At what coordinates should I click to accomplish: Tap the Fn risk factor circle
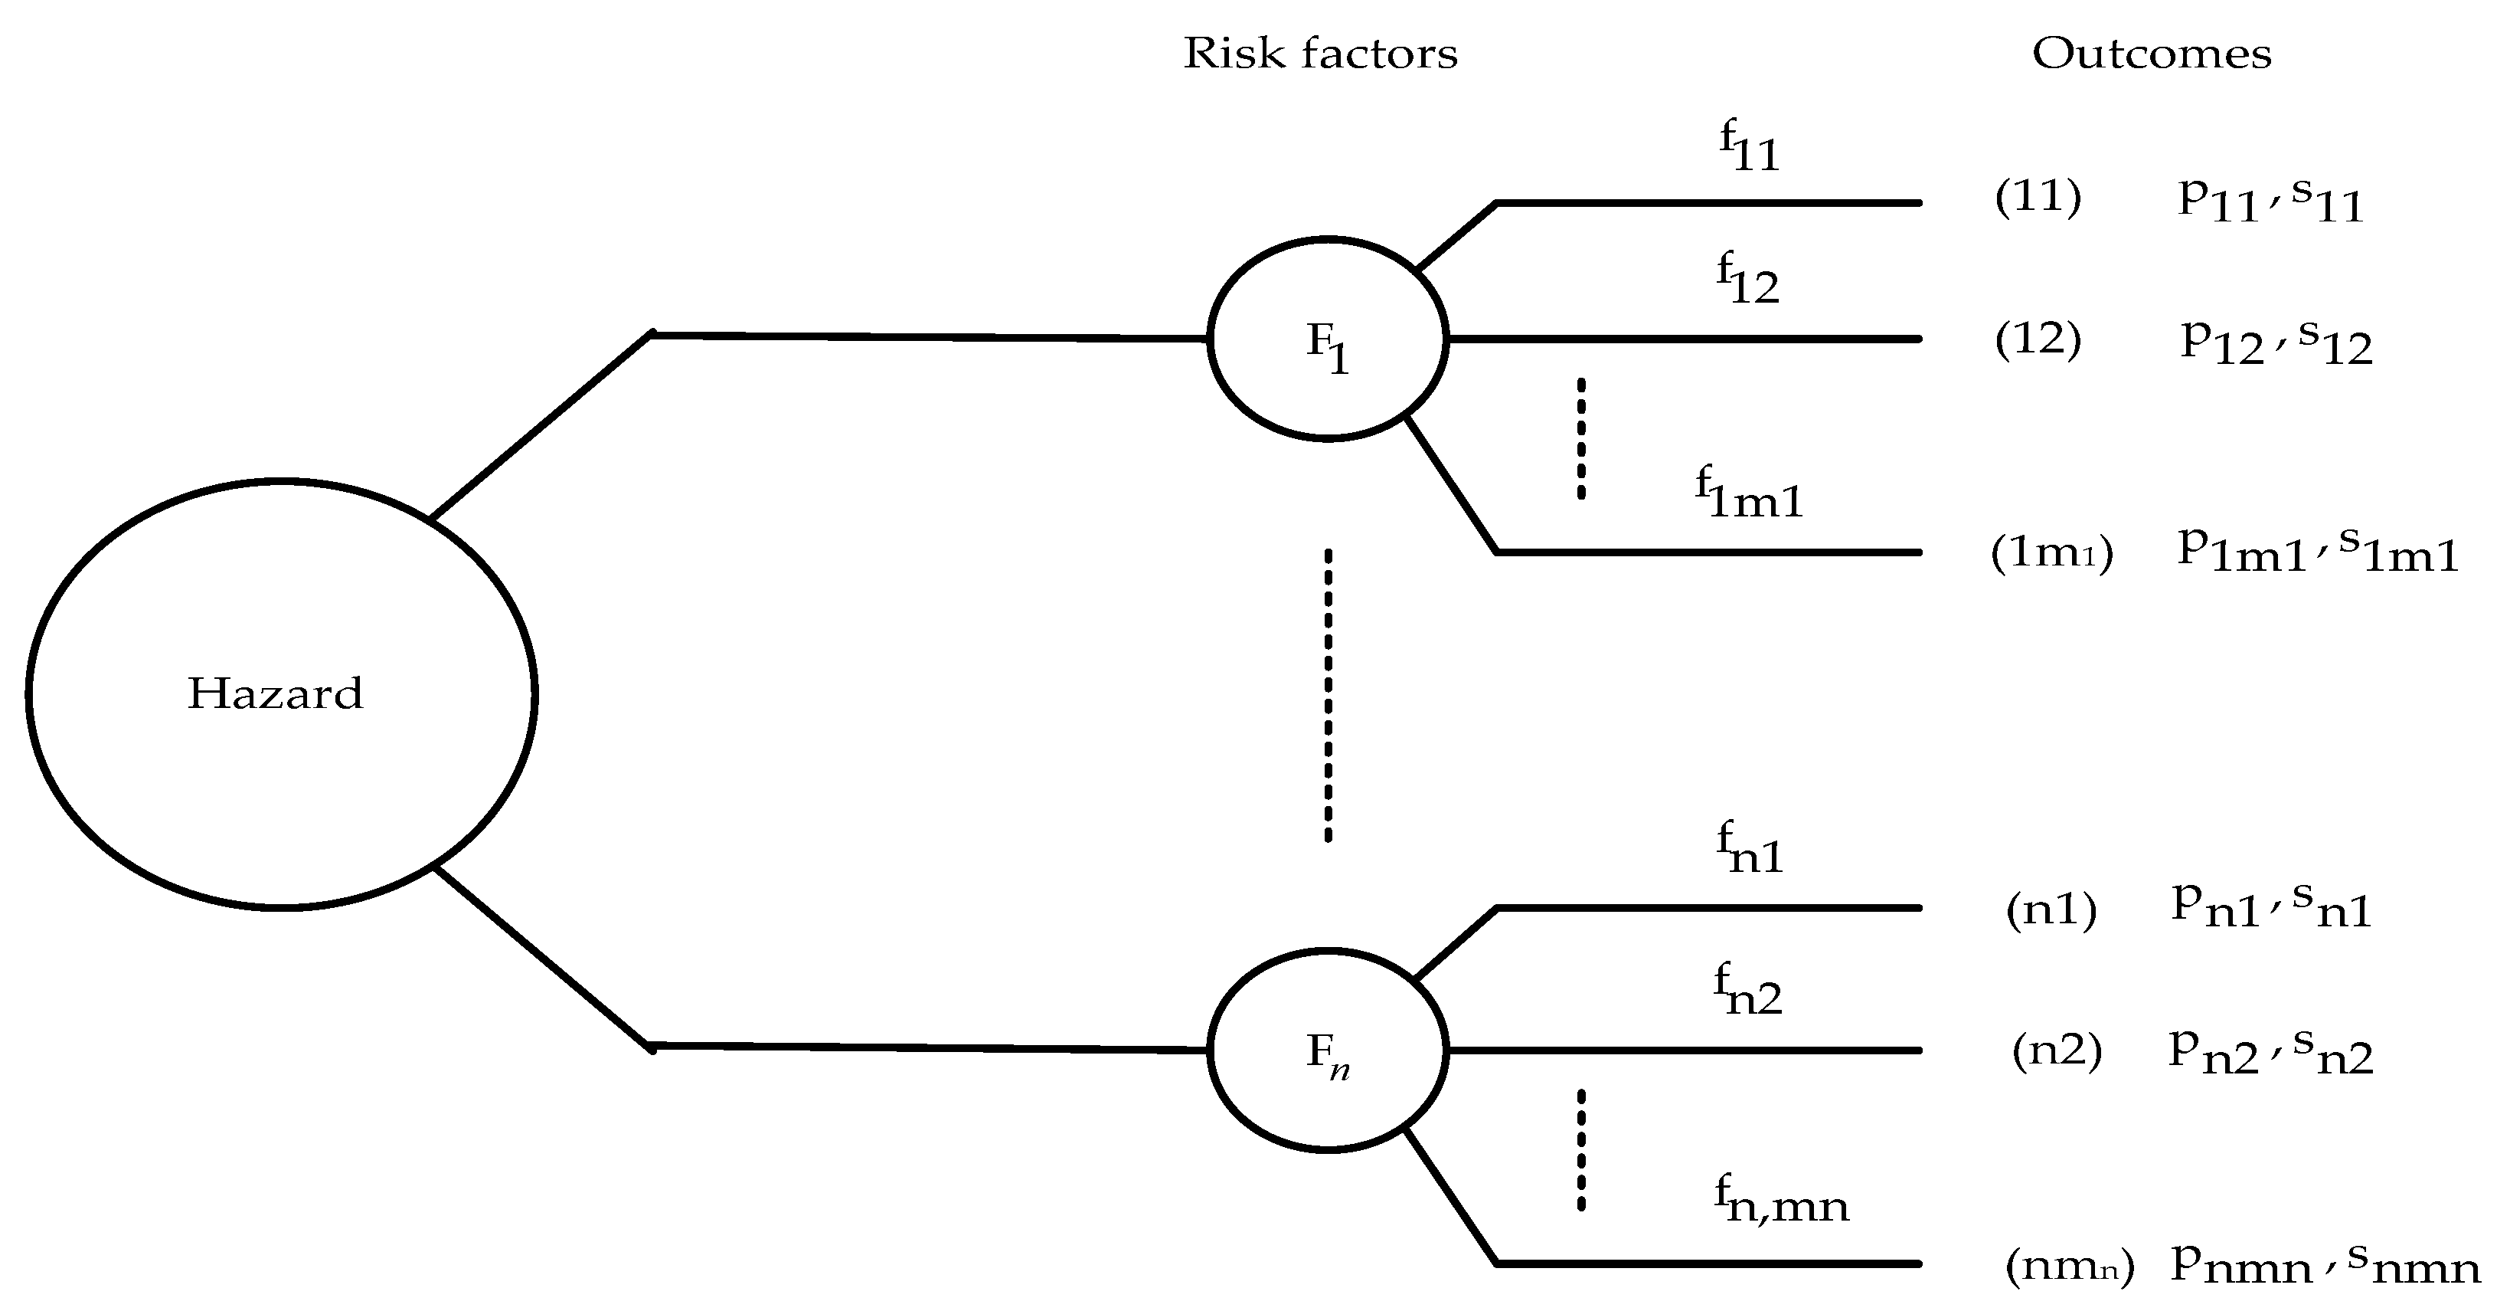coord(1327,1050)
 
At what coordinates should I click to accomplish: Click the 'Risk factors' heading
coord(1319,54)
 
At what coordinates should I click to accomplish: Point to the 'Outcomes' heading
coord(2152,54)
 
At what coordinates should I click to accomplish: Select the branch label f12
coord(1748,279)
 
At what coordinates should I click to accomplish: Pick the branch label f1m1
coord(1750,494)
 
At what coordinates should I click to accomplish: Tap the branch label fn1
coord(1750,849)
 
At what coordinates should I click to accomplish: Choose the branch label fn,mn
coord(1781,1200)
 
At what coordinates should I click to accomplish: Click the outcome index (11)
coord(2038,197)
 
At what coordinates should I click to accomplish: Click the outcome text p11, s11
coord(2270,201)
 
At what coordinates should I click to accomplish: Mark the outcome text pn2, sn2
coord(2270,1053)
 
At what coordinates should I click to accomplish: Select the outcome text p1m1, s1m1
coord(2317,552)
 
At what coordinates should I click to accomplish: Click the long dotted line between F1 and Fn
coord(1328,694)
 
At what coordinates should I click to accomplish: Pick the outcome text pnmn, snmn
coord(2325,1264)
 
